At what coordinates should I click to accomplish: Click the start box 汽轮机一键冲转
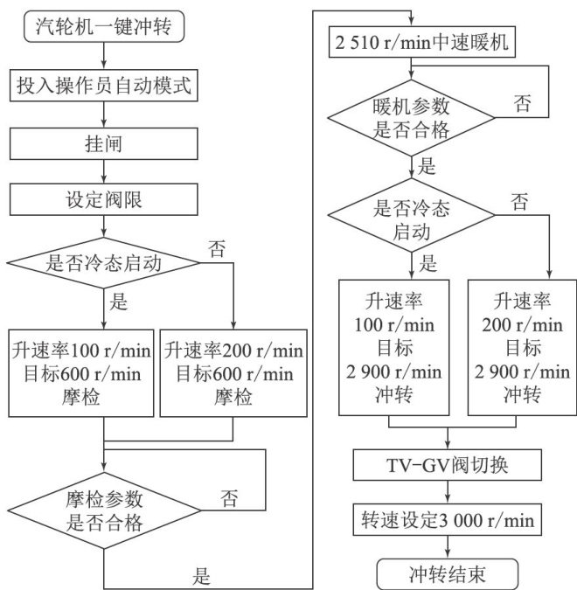pyautogui.click(x=103, y=28)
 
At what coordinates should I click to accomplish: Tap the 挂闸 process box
pyautogui.click(x=103, y=142)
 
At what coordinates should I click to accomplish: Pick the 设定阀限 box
pyautogui.click(x=103, y=198)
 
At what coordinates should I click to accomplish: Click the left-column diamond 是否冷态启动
pyautogui.click(x=103, y=262)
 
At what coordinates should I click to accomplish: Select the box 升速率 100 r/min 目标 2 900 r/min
pyautogui.click(x=394, y=346)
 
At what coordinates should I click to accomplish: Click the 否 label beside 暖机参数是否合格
pyautogui.click(x=522, y=103)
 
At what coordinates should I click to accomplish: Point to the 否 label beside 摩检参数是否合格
pyautogui.click(x=229, y=500)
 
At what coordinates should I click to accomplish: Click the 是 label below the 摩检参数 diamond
pyautogui.click(x=202, y=575)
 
